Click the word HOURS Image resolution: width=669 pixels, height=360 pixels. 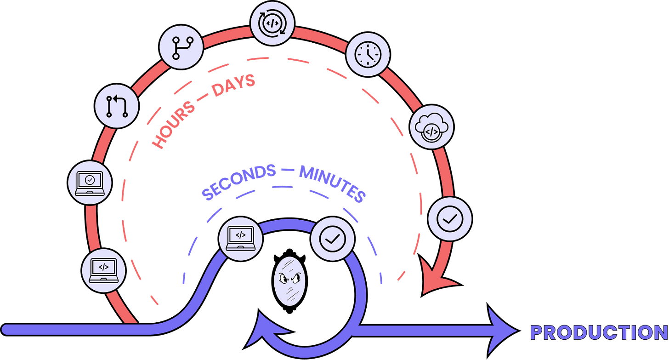[x=174, y=125]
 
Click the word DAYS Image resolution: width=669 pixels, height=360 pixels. [x=233, y=85]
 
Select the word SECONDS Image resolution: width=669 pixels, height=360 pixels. [x=238, y=182]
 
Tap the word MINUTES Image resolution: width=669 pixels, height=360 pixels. [x=332, y=184]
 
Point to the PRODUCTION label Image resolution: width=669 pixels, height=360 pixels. [x=599, y=332]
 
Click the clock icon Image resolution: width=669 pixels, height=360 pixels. [x=368, y=54]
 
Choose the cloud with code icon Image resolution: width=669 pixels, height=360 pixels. [x=431, y=127]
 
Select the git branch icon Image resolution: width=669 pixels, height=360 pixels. [x=181, y=47]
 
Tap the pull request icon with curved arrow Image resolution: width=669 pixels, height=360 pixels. [x=117, y=106]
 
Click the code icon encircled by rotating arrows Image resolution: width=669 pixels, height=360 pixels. [x=272, y=23]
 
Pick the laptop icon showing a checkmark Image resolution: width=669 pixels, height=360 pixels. [x=90, y=183]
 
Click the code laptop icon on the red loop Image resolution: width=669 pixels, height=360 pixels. [x=104, y=271]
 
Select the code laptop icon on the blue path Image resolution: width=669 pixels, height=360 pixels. [x=241, y=239]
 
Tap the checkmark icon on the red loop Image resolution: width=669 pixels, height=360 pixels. [x=450, y=219]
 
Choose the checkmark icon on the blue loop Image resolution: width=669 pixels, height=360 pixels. [x=332, y=239]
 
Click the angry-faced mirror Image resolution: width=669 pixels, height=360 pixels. [x=289, y=281]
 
